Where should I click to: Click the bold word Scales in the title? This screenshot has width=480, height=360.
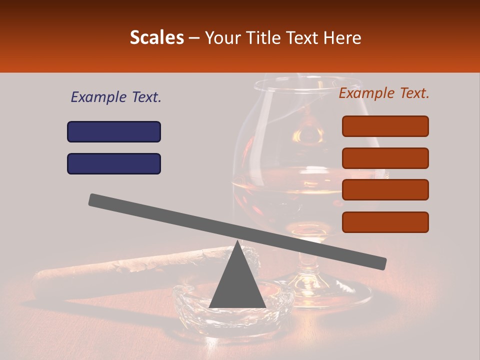pyautogui.click(x=156, y=37)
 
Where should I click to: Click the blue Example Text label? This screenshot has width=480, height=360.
pyautogui.click(x=116, y=97)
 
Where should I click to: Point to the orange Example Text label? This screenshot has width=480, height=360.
pyautogui.click(x=384, y=93)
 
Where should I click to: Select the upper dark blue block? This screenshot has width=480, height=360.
pyautogui.click(x=114, y=131)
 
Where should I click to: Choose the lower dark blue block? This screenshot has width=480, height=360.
pyautogui.click(x=114, y=163)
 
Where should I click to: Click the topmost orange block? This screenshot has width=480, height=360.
pyautogui.click(x=385, y=126)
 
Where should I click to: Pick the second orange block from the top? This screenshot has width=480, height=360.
pyautogui.click(x=385, y=158)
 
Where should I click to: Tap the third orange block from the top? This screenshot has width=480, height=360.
pyautogui.click(x=385, y=190)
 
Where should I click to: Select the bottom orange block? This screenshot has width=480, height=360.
pyautogui.click(x=385, y=222)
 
